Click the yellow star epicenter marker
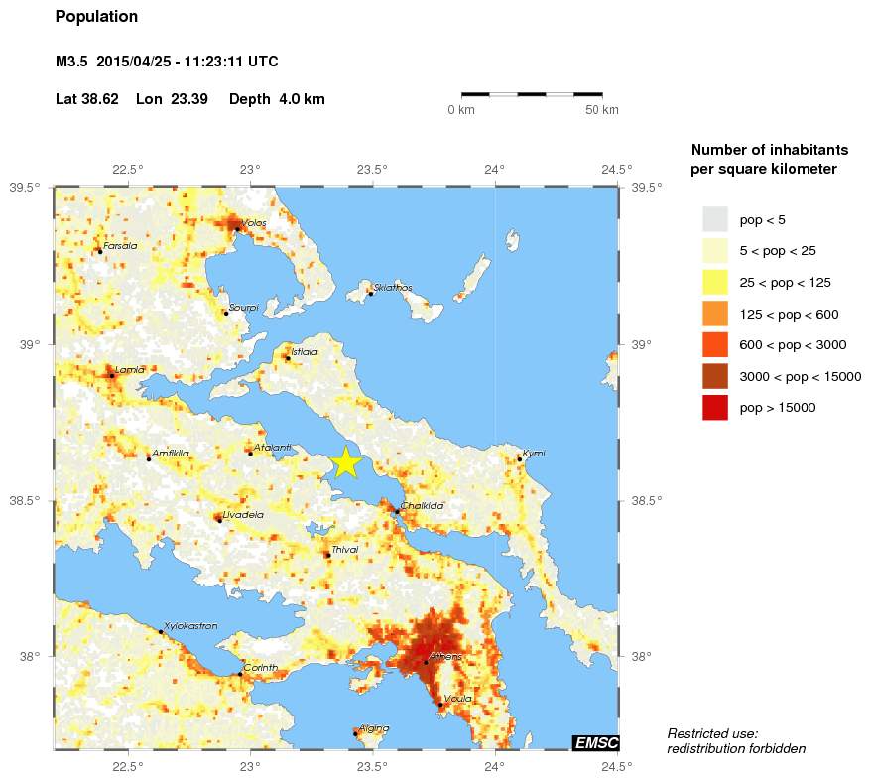coord(345,463)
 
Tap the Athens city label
coord(445,657)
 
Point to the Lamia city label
coord(130,370)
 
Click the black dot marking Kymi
coord(520,459)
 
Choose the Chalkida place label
coord(422,506)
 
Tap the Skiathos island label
coord(393,288)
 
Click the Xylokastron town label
coord(189,626)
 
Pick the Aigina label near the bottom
coord(374,728)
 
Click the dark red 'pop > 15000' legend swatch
coord(714,408)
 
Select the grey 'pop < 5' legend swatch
coord(714,218)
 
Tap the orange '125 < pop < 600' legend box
coord(714,314)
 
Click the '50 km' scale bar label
coord(601,109)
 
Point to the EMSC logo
coord(596,743)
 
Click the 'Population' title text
coord(96,17)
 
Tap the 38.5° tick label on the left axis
coord(25,501)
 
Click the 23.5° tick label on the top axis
coord(373,169)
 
